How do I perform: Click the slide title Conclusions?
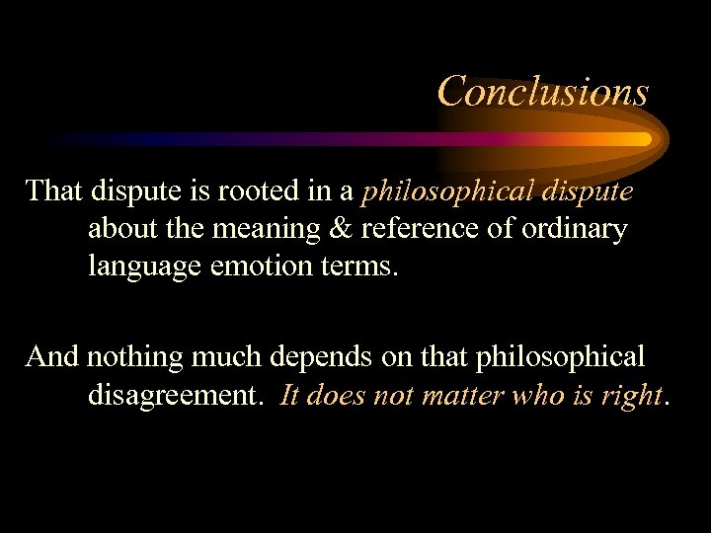point(542,91)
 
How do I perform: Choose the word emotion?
point(262,267)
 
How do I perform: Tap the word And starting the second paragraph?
point(53,356)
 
